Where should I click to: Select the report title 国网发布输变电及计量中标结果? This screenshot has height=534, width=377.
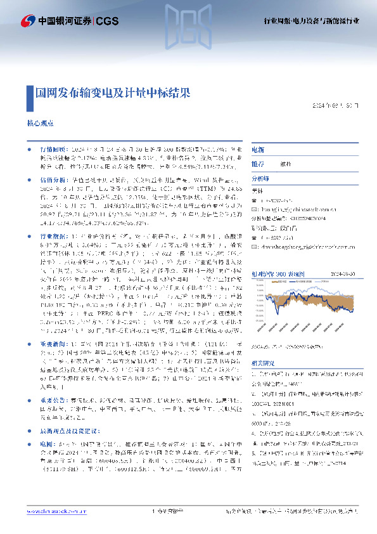pyautogui.click(x=113, y=92)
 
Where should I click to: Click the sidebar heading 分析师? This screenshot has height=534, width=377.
pyautogui.click(x=260, y=178)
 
